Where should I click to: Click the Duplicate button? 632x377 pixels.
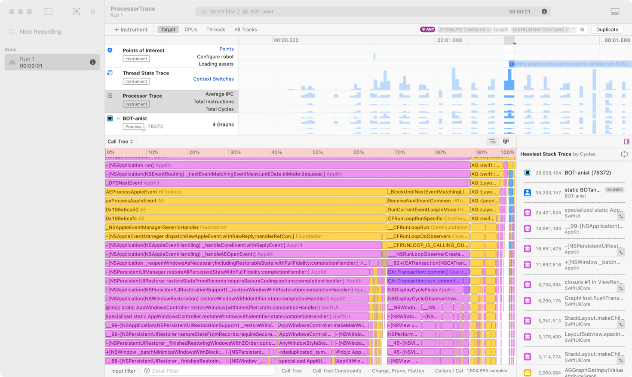(607, 30)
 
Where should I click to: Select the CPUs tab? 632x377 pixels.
(191, 30)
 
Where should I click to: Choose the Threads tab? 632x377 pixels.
(216, 30)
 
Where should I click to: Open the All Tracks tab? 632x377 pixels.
(245, 30)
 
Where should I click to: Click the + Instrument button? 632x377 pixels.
(131, 30)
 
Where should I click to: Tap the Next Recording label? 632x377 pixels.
(40, 31)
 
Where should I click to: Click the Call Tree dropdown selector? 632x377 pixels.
(120, 142)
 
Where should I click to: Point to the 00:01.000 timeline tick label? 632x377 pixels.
(449, 40)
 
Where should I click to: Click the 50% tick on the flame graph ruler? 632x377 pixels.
(317, 152)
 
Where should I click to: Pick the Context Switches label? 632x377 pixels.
(213, 79)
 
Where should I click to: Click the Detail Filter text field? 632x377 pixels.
(211, 371)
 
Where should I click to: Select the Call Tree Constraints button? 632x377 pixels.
(337, 371)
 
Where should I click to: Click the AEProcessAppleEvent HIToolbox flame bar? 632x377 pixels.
(245, 192)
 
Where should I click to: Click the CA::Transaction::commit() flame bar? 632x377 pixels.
(428, 272)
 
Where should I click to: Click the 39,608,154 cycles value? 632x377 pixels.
(548, 173)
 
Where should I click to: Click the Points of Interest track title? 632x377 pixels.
(144, 50)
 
